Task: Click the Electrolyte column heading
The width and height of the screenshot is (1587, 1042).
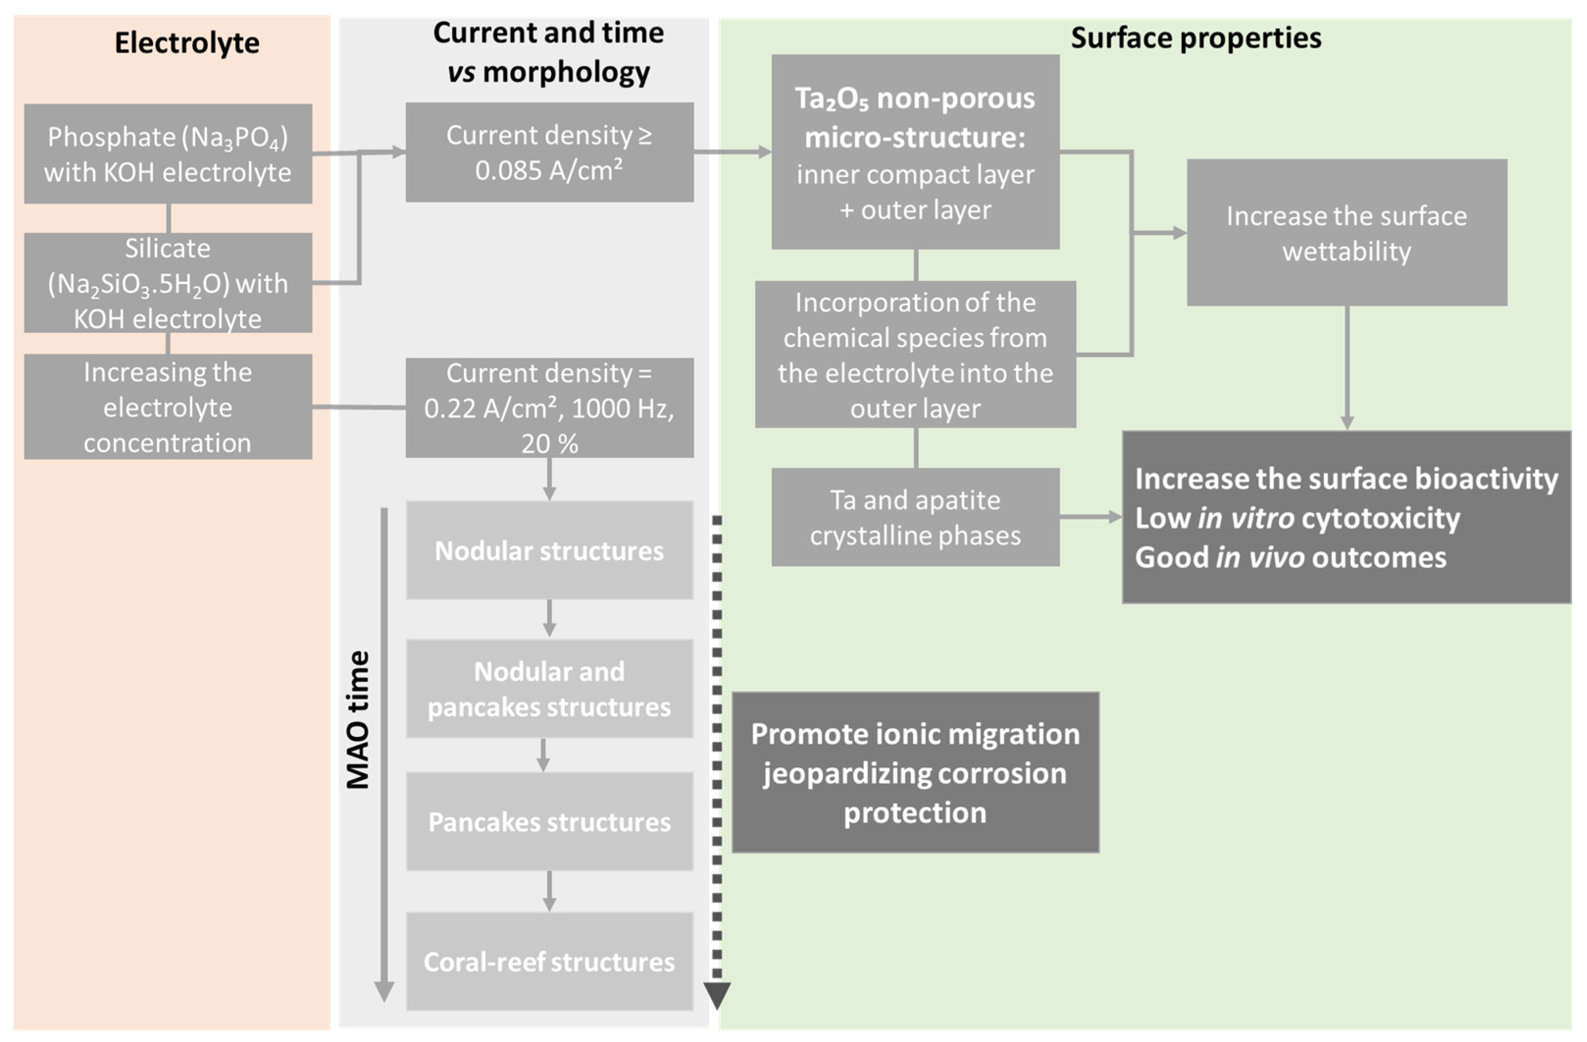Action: click(x=187, y=43)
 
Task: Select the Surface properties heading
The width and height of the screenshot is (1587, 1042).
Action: click(x=1196, y=38)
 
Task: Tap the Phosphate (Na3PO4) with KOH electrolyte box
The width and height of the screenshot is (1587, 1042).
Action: click(x=168, y=154)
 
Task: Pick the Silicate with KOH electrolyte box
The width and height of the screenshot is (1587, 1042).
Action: click(x=168, y=283)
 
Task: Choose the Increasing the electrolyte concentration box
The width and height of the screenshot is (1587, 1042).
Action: click(x=168, y=407)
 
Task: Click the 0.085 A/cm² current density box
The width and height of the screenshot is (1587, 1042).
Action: click(x=550, y=152)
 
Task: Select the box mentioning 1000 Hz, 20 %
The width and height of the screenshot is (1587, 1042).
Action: click(x=550, y=408)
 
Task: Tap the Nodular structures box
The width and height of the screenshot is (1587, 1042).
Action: click(x=550, y=550)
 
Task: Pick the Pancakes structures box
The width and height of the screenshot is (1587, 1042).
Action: click(x=550, y=822)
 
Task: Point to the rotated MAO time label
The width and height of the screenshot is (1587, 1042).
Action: click(x=358, y=721)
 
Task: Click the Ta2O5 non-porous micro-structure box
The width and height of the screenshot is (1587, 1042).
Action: click(x=915, y=152)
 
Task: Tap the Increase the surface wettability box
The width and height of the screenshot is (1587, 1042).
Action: click(x=1346, y=233)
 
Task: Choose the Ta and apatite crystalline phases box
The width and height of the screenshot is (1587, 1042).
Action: click(x=915, y=518)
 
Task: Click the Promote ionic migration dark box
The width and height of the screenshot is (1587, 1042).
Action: click(x=915, y=773)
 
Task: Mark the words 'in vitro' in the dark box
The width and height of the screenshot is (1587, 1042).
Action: click(x=1246, y=519)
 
